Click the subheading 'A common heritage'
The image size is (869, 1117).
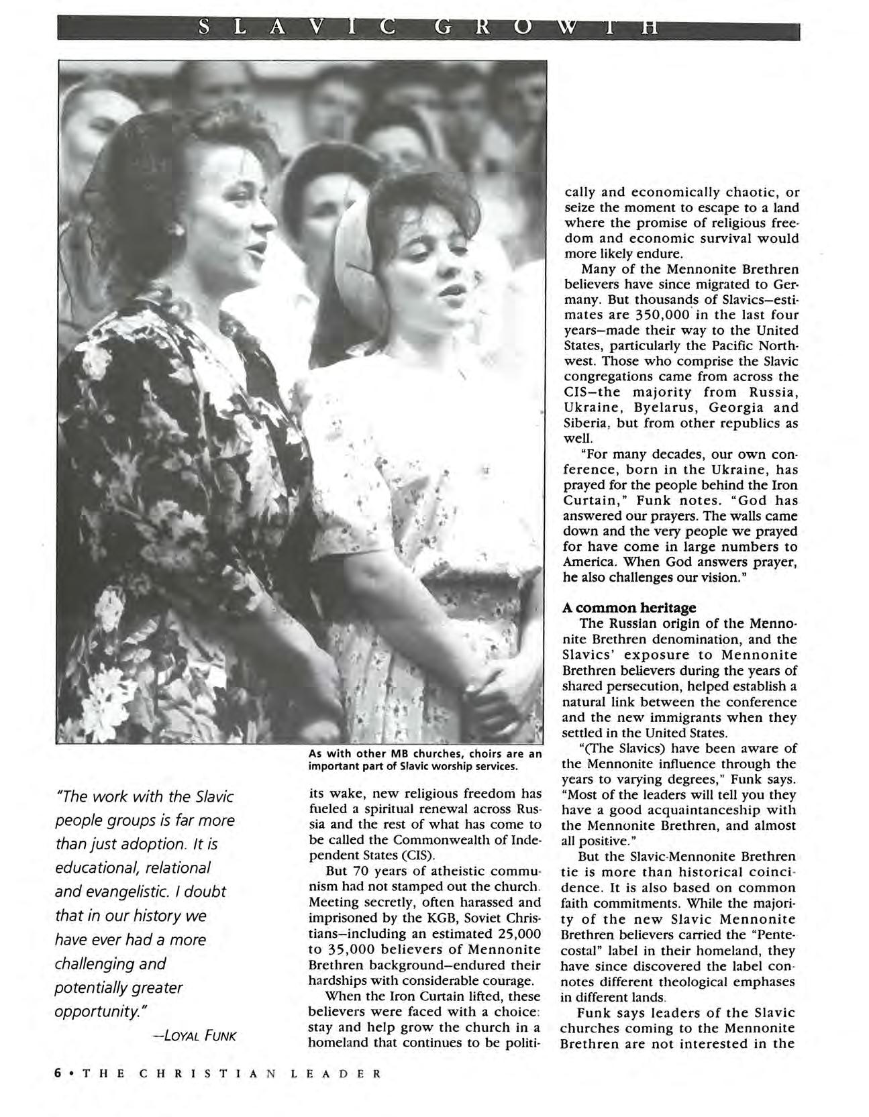629,608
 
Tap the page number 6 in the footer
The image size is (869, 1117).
58,1072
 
